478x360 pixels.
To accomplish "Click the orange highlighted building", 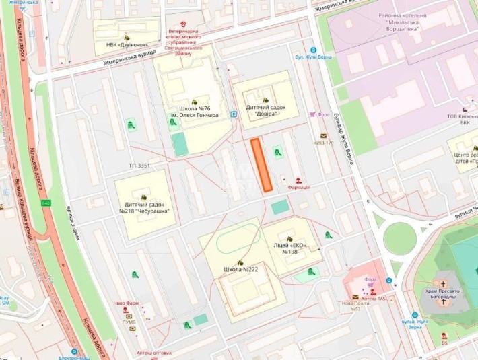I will point(261,164).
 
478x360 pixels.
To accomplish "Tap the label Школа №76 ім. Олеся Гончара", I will point(199,112).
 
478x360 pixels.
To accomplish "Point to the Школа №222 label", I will point(240,269).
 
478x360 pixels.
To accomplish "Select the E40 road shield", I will point(46,203).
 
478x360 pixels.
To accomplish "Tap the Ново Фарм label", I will point(125,303).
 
